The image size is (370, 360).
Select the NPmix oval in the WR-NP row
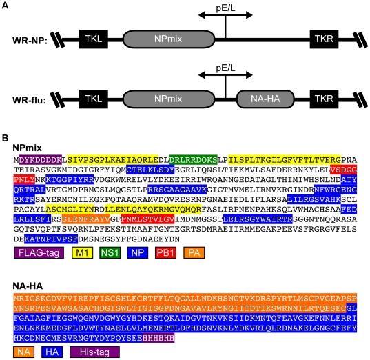tap(167, 39)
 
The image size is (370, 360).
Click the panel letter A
tap(6, 6)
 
